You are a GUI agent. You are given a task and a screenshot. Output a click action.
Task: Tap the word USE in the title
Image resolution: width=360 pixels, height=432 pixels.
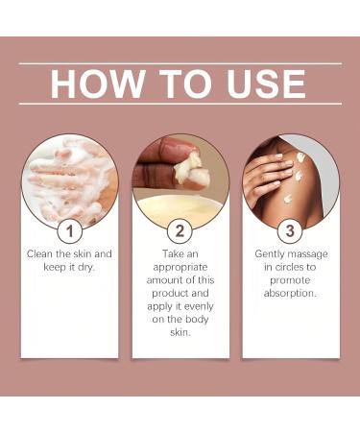pyautogui.click(x=266, y=84)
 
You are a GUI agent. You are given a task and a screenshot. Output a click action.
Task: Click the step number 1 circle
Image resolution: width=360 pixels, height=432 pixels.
pyautogui.click(x=70, y=230)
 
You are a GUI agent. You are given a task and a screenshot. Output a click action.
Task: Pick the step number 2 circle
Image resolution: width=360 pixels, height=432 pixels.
pyautogui.click(x=180, y=230)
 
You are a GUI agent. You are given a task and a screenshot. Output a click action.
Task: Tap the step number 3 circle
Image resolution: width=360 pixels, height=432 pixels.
pyautogui.click(x=290, y=230)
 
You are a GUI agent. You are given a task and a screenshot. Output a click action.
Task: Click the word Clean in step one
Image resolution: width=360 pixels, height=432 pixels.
pyautogui.click(x=40, y=253)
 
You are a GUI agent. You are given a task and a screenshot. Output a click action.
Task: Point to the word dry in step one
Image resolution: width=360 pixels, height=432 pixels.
pyautogui.click(x=86, y=267)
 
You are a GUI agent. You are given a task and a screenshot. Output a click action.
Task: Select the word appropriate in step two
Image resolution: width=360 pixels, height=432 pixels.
pyautogui.click(x=180, y=267)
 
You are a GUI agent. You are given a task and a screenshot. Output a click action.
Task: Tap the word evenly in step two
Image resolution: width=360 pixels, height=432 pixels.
pyautogui.click(x=199, y=306)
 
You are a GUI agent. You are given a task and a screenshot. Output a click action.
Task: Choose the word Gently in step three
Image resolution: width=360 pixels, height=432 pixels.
pyautogui.click(x=270, y=254)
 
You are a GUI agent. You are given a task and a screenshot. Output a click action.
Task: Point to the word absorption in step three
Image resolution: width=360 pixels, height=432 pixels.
pyautogui.click(x=290, y=293)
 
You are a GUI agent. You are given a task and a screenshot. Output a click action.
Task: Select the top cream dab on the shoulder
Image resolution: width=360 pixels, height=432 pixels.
pyautogui.click(x=300, y=156)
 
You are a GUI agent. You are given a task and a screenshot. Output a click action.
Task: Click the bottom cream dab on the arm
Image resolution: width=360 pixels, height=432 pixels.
pyautogui.click(x=288, y=199)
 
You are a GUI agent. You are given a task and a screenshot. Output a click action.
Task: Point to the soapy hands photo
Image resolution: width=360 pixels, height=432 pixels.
pyautogui.click(x=70, y=180)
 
